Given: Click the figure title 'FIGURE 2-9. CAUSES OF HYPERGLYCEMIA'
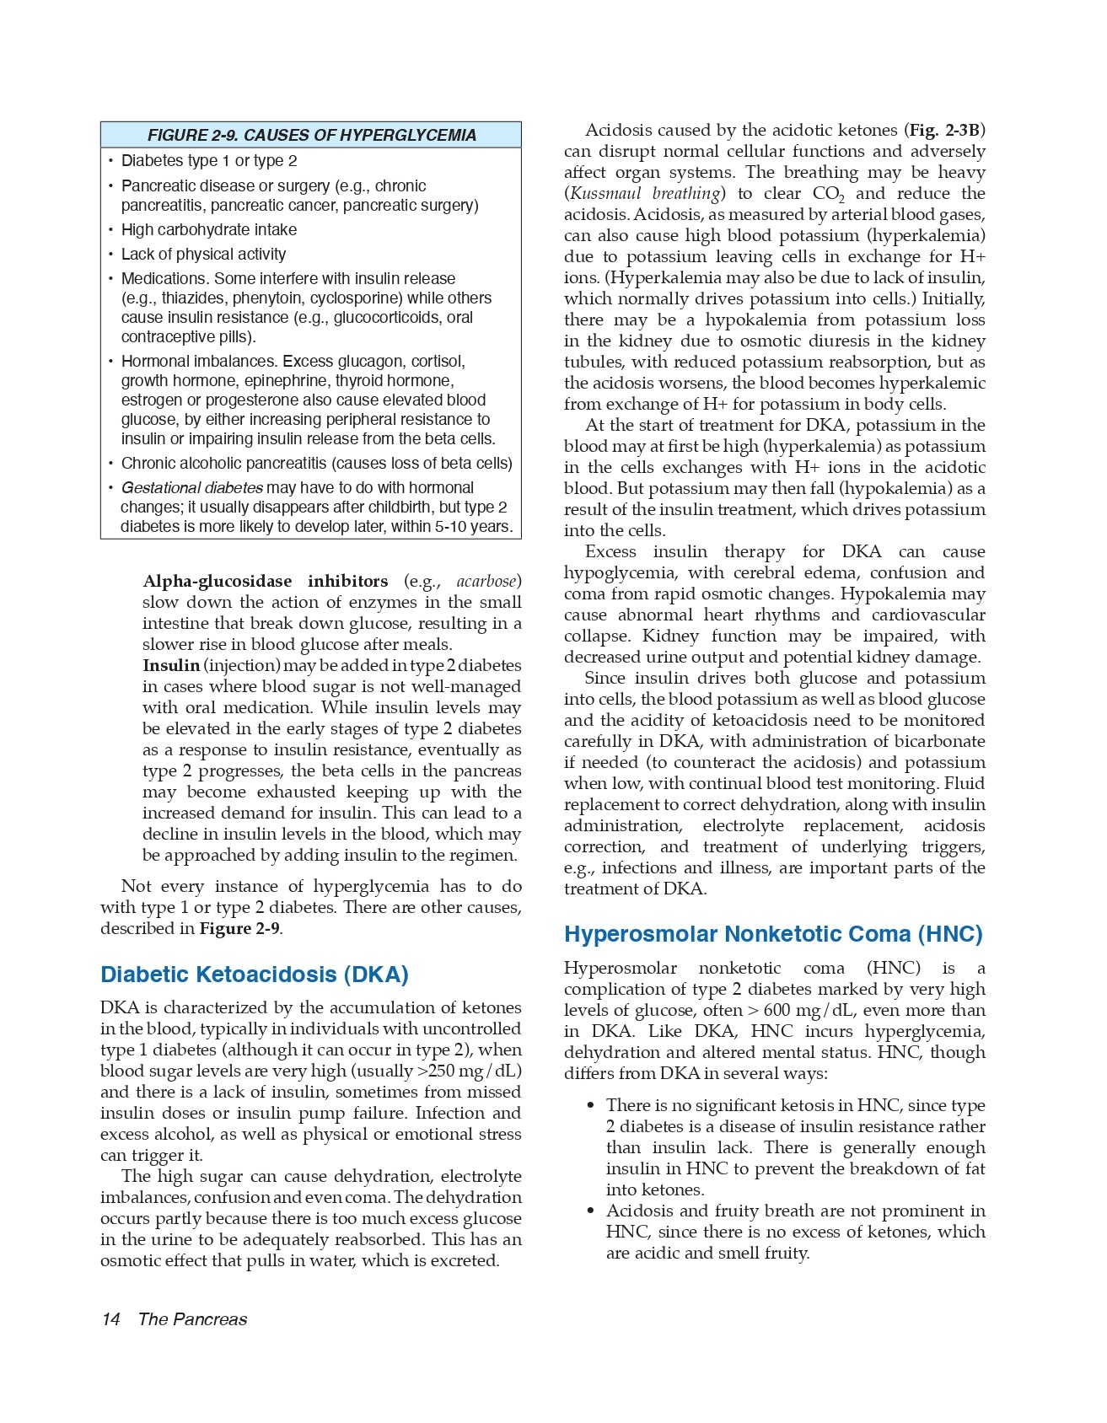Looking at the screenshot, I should click(311, 135).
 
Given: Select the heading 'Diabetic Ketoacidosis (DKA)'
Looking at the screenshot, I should click(254, 975).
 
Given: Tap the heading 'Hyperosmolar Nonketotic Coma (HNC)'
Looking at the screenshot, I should click(773, 934).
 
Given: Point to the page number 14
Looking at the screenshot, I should click(110, 1319).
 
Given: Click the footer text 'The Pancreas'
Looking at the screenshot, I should click(192, 1319).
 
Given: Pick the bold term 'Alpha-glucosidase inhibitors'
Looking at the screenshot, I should click(266, 581).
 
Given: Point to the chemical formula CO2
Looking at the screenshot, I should click(827, 194).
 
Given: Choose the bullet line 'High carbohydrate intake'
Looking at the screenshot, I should click(208, 229).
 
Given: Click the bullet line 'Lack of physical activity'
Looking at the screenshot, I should click(203, 254).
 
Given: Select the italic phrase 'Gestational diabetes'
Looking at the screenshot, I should click(191, 487).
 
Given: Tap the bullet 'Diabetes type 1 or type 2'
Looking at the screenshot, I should click(208, 160).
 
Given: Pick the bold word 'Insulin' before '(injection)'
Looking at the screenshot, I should click(171, 665).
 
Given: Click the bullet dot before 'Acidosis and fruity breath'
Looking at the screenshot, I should click(591, 1211).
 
